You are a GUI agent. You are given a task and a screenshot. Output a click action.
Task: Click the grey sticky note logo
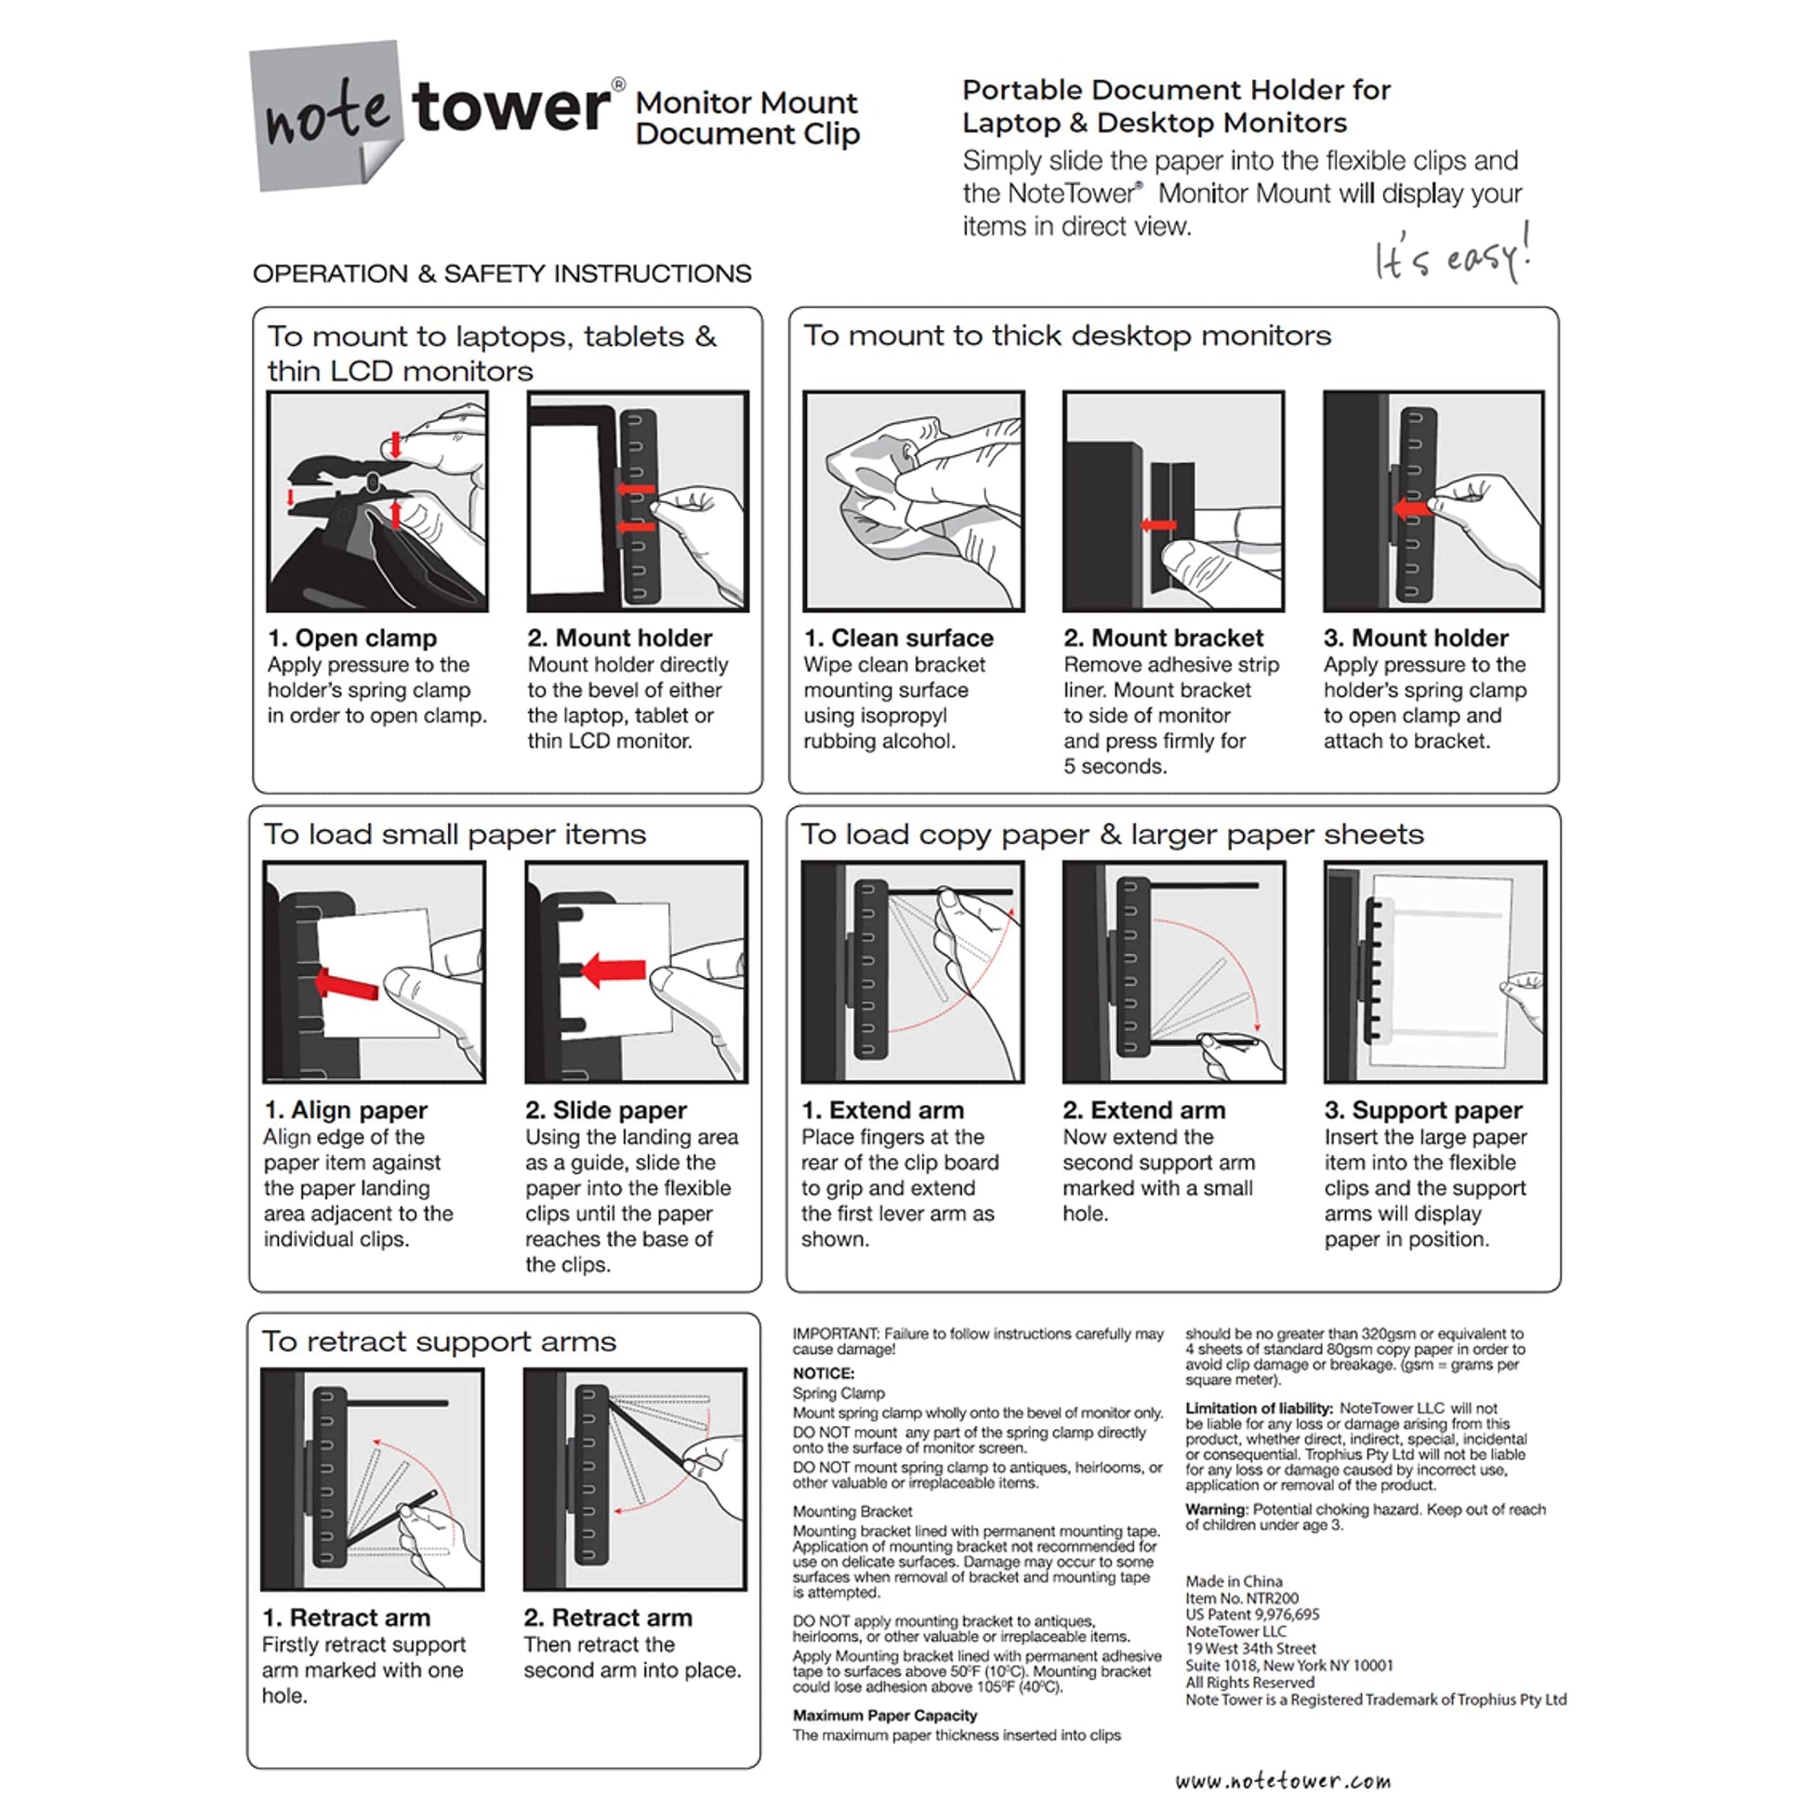click(324, 116)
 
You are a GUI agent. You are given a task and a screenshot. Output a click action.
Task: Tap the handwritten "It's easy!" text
click(1451, 256)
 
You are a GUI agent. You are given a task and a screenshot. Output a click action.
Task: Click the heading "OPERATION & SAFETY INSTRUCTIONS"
click(502, 273)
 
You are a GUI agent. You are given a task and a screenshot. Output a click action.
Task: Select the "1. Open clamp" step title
click(352, 638)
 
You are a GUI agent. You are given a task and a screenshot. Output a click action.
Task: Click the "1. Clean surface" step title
click(899, 638)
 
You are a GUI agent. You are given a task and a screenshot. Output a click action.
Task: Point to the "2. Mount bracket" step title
click(1163, 638)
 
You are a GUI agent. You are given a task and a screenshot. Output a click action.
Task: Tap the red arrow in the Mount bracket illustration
click(1159, 525)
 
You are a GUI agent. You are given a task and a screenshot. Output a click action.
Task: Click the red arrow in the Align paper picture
click(349, 985)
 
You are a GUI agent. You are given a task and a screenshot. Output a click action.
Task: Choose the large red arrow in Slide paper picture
click(614, 971)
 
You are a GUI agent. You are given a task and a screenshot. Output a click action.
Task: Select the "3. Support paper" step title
click(1423, 1110)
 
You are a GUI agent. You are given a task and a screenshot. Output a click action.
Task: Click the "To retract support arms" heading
click(438, 1340)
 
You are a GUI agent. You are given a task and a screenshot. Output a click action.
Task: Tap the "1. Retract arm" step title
click(347, 1618)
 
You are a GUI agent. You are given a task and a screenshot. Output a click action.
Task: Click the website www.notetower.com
click(1283, 1780)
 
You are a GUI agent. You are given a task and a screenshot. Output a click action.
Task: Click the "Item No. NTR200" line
click(1242, 1598)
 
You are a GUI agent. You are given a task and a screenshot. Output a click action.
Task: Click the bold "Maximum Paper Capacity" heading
click(885, 1715)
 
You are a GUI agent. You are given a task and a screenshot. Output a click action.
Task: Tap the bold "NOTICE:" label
click(823, 1373)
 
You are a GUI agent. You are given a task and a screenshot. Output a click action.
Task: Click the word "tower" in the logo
click(510, 108)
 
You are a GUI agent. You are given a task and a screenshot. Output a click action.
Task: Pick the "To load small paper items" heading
click(456, 833)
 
